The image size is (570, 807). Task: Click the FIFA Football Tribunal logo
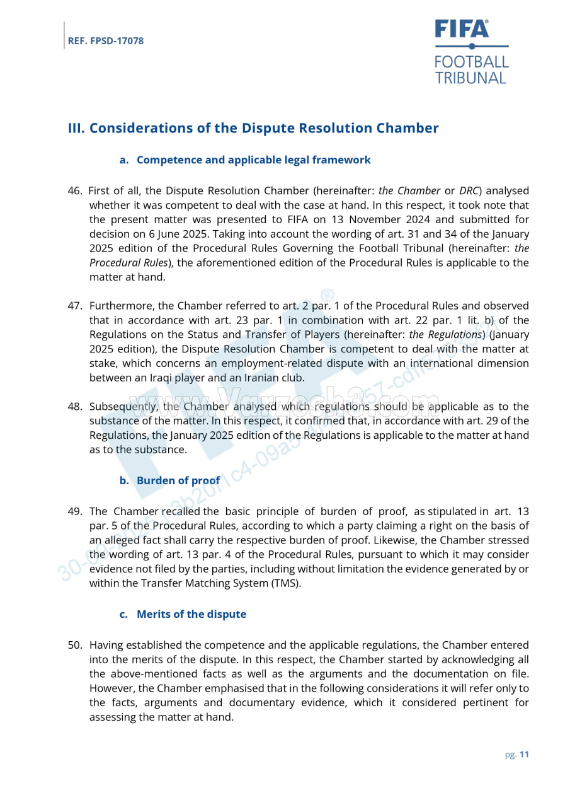pos(471,52)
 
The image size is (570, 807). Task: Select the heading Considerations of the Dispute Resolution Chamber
pos(253,128)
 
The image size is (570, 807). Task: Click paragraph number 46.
pos(75,191)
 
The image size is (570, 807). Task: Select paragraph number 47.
pos(75,306)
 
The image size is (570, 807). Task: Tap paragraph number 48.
pos(75,407)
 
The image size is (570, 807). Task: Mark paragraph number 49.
pos(75,511)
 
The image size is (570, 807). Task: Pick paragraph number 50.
pos(75,645)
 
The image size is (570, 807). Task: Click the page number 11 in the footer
pos(524,755)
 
